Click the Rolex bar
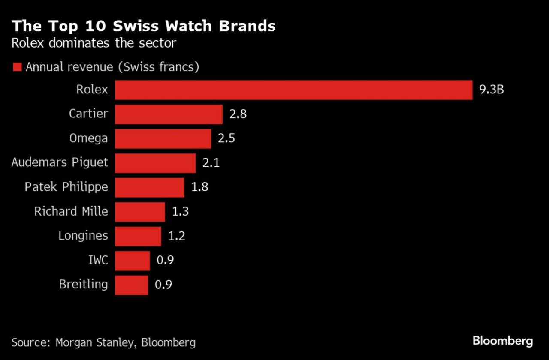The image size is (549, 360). [293, 90]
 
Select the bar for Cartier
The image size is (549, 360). [169, 114]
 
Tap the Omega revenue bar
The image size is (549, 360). [163, 139]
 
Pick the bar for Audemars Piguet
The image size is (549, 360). [155, 163]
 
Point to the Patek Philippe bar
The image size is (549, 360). [149, 187]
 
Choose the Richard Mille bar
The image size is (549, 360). [140, 212]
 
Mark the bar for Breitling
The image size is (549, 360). [131, 285]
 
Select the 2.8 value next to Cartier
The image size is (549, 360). [238, 115]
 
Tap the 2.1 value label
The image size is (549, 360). [211, 163]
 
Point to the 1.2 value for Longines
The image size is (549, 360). [176, 236]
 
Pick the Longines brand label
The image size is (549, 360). [83, 236]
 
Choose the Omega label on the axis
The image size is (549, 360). [89, 138]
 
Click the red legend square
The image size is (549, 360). [17, 67]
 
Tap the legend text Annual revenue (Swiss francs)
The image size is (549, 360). [112, 67]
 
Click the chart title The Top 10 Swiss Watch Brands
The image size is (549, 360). [143, 26]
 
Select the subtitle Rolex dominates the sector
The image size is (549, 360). [94, 43]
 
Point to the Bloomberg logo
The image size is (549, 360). [503, 341]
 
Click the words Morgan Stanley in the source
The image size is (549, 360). [96, 342]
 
